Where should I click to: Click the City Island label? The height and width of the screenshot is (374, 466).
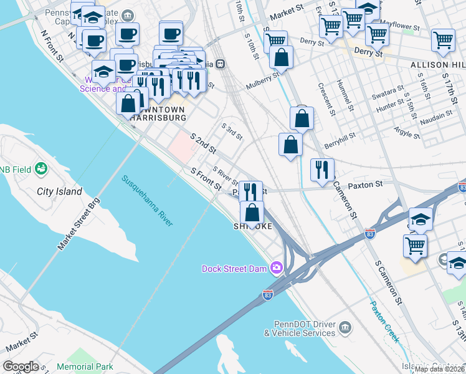point(59,191)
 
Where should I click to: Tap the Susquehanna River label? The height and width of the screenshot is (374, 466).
point(147,201)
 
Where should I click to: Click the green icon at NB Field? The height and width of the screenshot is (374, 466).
point(41,169)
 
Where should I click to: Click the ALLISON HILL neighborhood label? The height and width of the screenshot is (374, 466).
point(437,65)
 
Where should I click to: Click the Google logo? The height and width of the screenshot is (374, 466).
point(21,367)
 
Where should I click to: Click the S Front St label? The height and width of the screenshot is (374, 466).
point(206,179)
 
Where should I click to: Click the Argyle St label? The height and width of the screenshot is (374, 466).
point(407,131)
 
